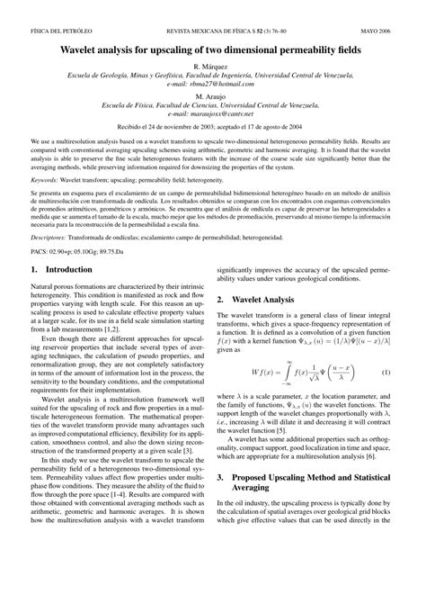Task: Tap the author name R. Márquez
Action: click(212, 67)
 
